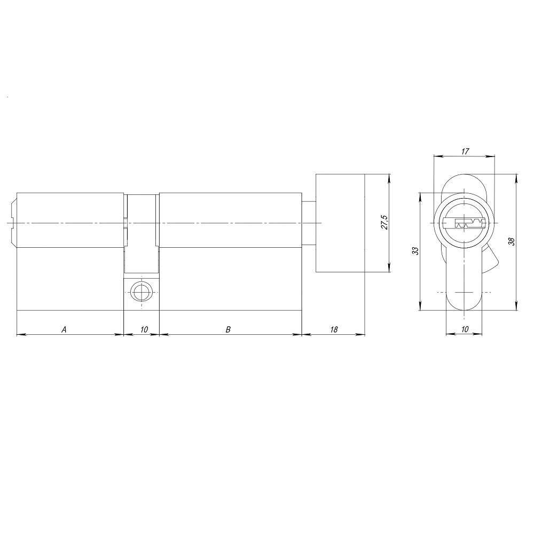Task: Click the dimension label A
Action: tap(64, 329)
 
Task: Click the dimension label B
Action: tap(228, 329)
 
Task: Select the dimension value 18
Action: tap(334, 329)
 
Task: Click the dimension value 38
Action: tap(511, 241)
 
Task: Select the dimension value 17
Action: tap(464, 152)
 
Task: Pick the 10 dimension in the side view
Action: tap(144, 329)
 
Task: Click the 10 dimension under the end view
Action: tap(464, 329)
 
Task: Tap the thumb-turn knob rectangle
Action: tap(340, 223)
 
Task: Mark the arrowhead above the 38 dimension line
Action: tap(516, 177)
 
